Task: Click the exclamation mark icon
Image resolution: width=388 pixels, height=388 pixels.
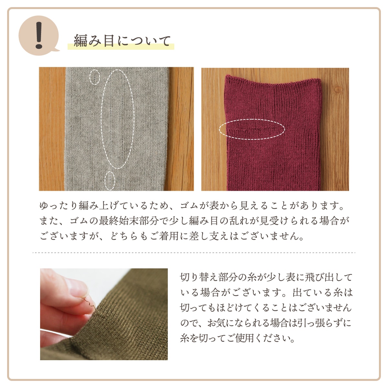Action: tap(39, 36)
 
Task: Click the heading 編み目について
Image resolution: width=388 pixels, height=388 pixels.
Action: tap(122, 41)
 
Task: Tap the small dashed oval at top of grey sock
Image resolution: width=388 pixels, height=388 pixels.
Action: tap(95, 77)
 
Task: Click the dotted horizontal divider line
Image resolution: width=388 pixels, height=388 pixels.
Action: tap(194, 253)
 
